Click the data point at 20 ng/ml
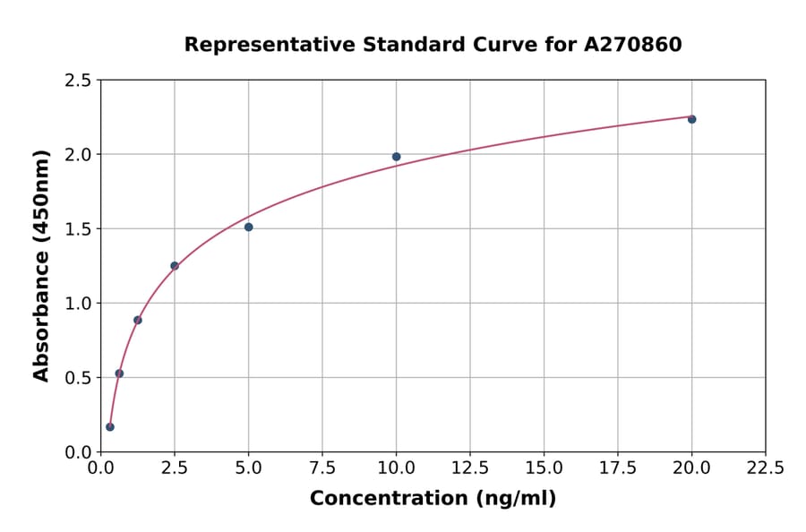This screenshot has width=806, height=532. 691,119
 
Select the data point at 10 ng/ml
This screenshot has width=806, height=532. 396,157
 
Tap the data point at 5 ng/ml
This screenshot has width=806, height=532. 248,227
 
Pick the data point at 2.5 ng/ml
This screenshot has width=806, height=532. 175,266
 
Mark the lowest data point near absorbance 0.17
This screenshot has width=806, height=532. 110,427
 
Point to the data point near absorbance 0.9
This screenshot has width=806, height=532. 138,320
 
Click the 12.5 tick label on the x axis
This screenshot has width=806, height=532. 470,468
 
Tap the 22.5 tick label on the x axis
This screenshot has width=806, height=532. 766,468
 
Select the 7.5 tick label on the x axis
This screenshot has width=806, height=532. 322,468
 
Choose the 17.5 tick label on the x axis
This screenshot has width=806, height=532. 618,468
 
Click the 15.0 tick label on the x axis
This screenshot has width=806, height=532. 544,468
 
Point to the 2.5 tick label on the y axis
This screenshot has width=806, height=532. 78,81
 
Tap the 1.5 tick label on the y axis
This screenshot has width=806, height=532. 78,229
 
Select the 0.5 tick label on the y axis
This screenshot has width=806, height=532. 78,378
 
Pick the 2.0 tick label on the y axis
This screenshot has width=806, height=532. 78,155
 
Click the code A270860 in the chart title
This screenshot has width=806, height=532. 633,44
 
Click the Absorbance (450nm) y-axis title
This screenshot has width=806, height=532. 41,265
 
